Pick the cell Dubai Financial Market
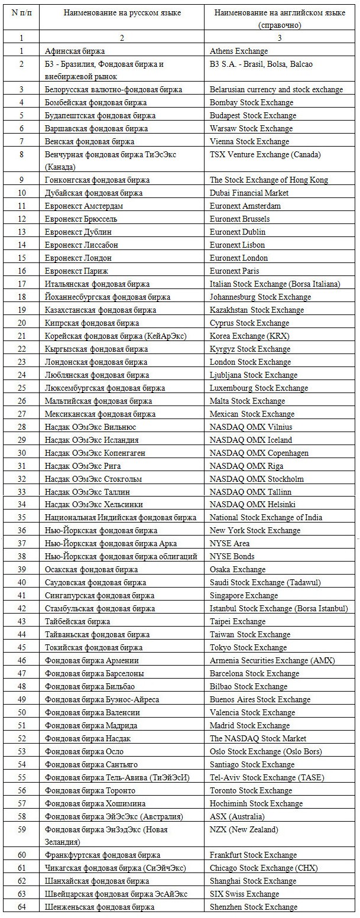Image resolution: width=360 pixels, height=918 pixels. coord(249,193)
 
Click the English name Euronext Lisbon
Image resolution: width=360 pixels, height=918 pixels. coord(237,245)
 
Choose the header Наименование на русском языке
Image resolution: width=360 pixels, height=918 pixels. coord(122,12)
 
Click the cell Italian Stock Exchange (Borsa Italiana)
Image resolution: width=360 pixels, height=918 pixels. coord(275,284)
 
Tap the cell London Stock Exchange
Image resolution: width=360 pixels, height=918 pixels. coord(250,362)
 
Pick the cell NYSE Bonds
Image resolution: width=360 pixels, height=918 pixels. coord(232,556)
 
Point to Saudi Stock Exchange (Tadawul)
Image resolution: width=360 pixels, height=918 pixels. coord(265,582)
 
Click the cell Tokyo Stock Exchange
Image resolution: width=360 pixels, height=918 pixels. coord(248,647)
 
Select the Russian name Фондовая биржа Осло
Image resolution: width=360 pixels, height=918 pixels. coord(82,751)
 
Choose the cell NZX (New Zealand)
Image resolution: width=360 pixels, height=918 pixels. coord(244,829)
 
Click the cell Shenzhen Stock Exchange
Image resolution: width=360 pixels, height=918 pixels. coord(254,907)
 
